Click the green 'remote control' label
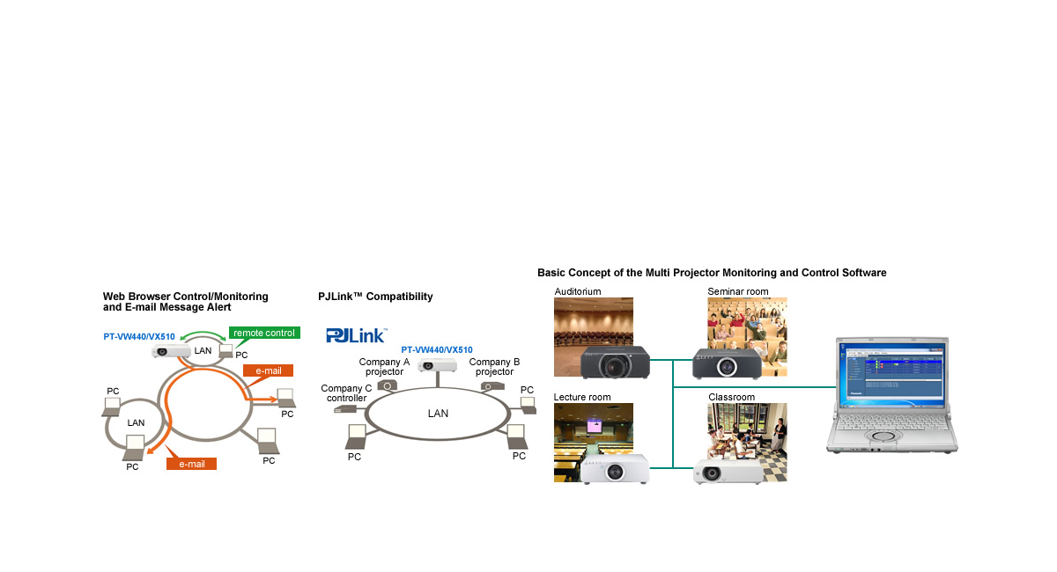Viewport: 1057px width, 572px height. [x=264, y=334]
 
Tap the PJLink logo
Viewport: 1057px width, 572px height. [x=356, y=334]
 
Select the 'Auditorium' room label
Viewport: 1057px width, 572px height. [x=578, y=291]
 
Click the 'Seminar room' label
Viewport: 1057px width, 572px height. [x=738, y=291]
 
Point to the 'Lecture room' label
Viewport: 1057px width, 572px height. [x=582, y=398]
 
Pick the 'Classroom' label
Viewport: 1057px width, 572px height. [x=732, y=398]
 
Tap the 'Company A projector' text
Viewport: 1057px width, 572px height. [x=384, y=367]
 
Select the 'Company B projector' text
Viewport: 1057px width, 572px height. [x=494, y=367]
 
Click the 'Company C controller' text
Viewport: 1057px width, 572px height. [x=346, y=393]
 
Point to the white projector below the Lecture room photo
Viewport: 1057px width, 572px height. [x=614, y=469]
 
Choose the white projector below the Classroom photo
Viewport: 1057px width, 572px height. [x=727, y=472]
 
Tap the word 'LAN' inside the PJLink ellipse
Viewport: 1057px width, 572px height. [x=438, y=414]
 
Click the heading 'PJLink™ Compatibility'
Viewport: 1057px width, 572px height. [x=375, y=297]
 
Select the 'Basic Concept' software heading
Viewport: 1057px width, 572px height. [x=712, y=273]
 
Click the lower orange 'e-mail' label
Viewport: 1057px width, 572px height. [x=191, y=464]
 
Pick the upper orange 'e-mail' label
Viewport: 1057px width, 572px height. [x=268, y=371]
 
